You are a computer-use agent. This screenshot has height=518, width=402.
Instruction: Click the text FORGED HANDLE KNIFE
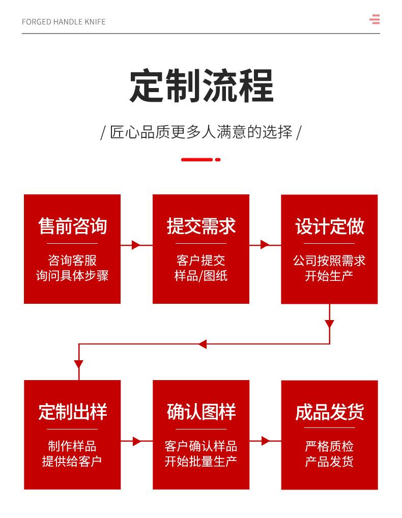64,22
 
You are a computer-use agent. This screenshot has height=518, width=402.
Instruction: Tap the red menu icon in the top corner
375,19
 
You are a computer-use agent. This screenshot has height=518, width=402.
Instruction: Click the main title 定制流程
201,85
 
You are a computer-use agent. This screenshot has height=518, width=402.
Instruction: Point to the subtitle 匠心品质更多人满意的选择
201,132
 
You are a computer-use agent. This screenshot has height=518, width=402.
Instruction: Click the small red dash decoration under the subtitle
201,160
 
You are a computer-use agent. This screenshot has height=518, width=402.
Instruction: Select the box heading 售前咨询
72,226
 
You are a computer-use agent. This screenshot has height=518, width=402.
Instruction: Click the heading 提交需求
201,226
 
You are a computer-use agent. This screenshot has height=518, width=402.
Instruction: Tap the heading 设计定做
329,226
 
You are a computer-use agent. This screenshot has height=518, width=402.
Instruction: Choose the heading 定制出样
72,412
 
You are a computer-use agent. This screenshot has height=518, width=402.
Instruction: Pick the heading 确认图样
201,412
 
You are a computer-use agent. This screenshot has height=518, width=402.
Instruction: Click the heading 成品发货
329,412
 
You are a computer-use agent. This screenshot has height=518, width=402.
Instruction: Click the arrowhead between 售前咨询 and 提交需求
136,245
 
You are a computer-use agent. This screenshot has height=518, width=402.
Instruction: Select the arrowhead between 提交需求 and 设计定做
265,245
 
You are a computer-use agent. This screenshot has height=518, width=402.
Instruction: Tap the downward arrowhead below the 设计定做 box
329,324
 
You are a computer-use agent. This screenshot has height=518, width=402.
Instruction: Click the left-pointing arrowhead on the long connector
202,344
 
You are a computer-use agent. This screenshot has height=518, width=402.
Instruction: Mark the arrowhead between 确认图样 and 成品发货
265,441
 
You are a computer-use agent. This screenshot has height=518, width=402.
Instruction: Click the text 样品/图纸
201,275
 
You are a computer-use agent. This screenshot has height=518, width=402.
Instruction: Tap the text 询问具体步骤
72,275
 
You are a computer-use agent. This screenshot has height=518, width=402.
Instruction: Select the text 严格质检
329,446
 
